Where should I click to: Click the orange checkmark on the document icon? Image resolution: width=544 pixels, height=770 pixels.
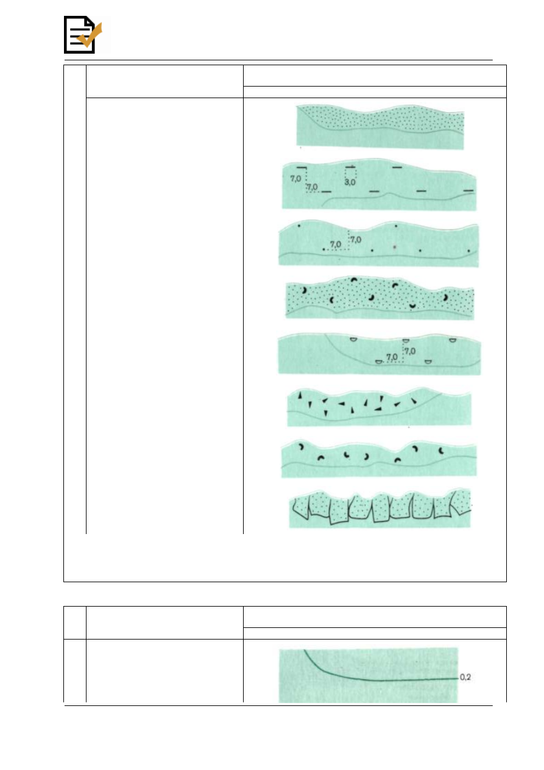(x=90, y=35)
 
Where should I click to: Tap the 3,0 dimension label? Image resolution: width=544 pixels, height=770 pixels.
(x=350, y=182)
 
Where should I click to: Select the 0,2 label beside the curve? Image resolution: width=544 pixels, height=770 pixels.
(x=465, y=677)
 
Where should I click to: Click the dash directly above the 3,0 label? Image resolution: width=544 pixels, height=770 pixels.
(x=350, y=167)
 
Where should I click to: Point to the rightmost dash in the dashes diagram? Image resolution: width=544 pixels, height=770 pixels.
(x=468, y=190)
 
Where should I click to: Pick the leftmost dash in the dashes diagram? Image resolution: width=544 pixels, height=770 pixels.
(x=301, y=168)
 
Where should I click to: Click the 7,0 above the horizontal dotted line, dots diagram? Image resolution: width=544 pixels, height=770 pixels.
(x=336, y=244)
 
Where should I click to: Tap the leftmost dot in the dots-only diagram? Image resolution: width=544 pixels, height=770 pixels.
(x=298, y=226)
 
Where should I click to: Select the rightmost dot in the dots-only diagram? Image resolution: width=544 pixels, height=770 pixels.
(x=469, y=251)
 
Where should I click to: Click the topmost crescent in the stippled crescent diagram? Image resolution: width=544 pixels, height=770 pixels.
(x=354, y=279)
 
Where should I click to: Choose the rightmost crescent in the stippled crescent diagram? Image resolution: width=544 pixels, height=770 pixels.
(x=446, y=298)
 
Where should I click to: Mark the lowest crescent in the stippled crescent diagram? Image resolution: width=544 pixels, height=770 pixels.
(x=412, y=306)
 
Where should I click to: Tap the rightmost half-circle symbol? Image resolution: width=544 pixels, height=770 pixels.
(x=453, y=340)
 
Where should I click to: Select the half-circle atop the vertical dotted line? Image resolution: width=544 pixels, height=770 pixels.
(x=406, y=341)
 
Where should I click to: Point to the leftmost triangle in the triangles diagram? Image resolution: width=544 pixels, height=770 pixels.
(x=300, y=395)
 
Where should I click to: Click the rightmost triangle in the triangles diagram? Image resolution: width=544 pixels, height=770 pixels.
(x=414, y=401)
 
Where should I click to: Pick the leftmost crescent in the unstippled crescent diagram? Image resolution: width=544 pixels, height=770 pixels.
(x=301, y=447)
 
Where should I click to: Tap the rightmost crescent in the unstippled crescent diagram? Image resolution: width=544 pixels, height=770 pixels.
(x=441, y=451)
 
